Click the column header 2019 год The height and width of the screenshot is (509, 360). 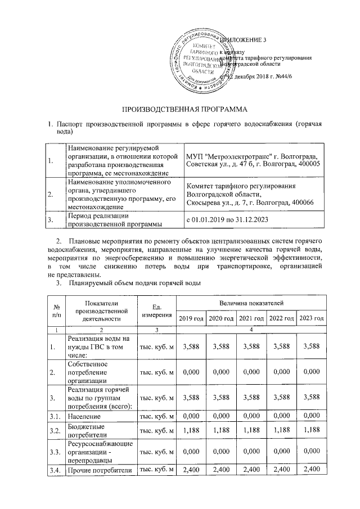pyautogui.click(x=191, y=319)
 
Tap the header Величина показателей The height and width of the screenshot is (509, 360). pyautogui.click(x=251, y=303)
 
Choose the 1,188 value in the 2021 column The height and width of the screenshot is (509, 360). pyautogui.click(x=251, y=431)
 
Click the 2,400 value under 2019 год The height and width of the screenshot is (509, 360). pyautogui.click(x=191, y=470)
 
